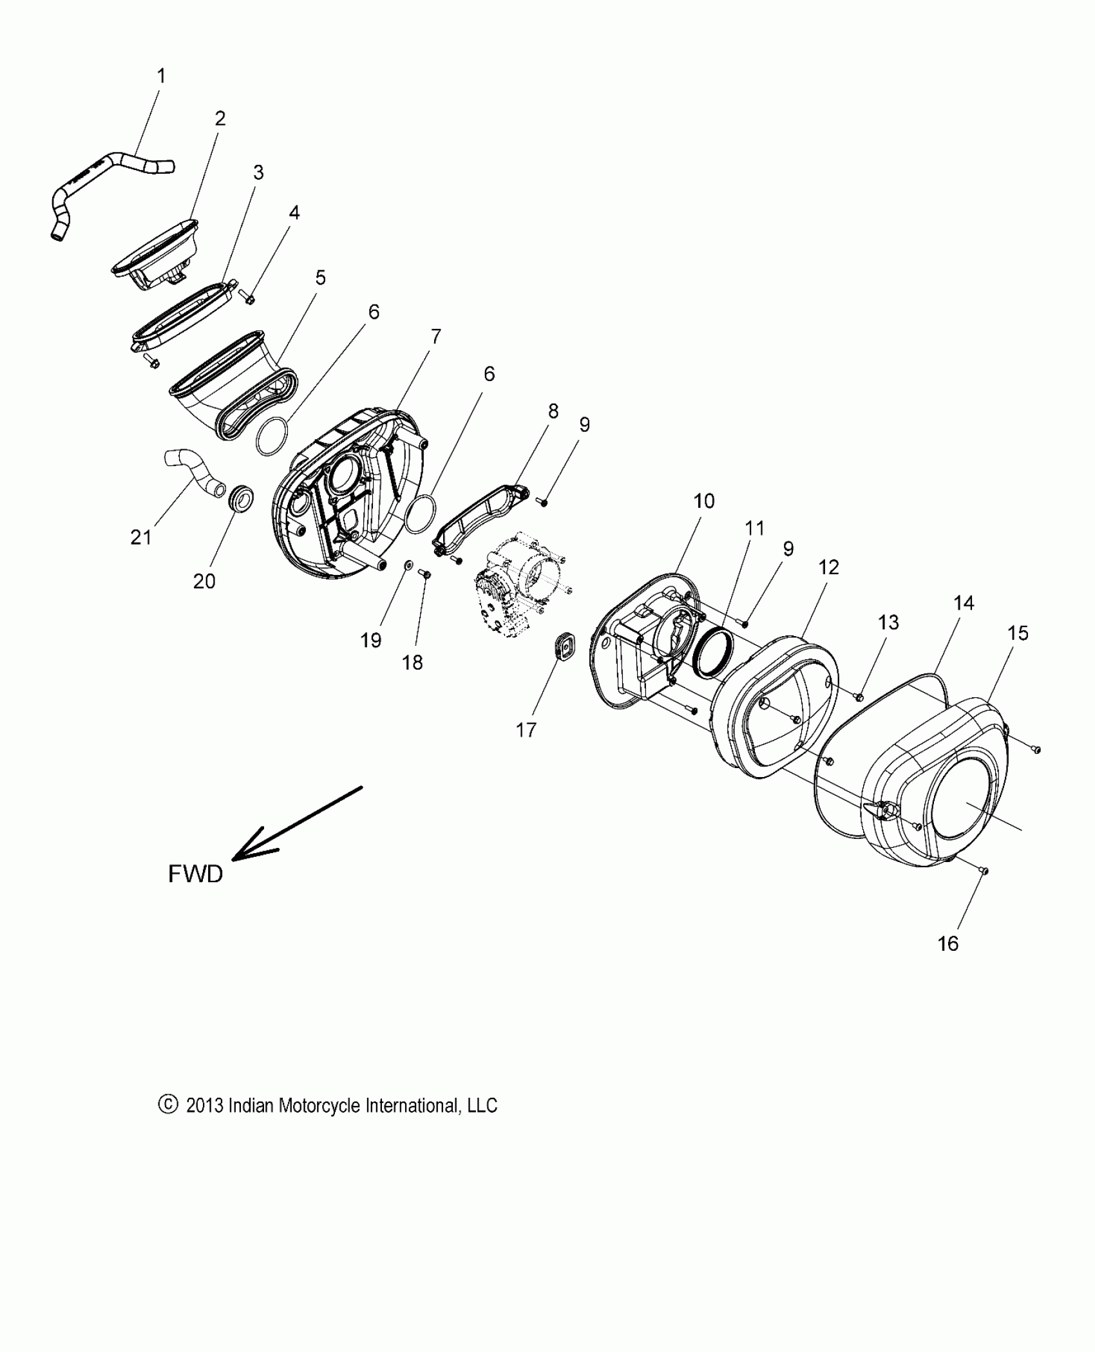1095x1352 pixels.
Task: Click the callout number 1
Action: point(161,77)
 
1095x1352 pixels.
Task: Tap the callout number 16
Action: point(947,943)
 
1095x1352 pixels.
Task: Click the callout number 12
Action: point(828,567)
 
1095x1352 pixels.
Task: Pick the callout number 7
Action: point(436,336)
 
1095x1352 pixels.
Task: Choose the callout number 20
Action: point(204,581)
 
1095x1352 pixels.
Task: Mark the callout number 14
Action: point(964,603)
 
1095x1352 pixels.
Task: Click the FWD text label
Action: point(195,874)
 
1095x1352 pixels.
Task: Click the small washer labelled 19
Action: point(408,565)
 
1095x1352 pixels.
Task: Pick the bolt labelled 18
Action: point(424,572)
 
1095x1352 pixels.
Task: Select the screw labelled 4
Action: point(247,297)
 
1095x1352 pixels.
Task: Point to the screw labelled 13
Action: point(859,695)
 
